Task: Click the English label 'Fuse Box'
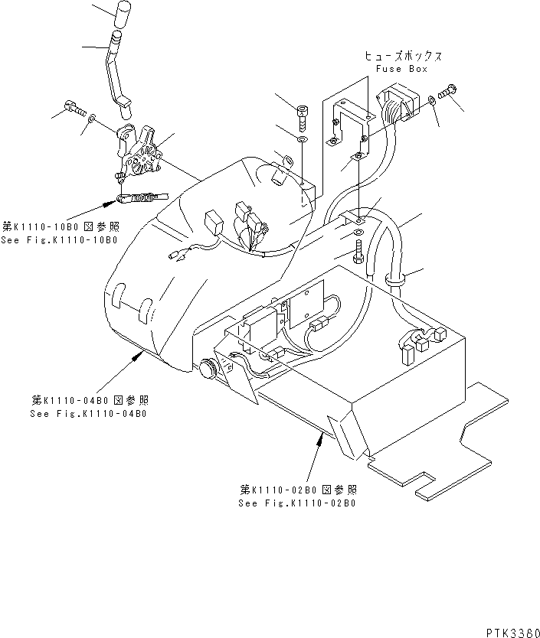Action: [x=402, y=69]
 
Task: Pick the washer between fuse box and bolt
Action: [x=433, y=99]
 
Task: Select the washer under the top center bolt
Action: [x=303, y=139]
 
